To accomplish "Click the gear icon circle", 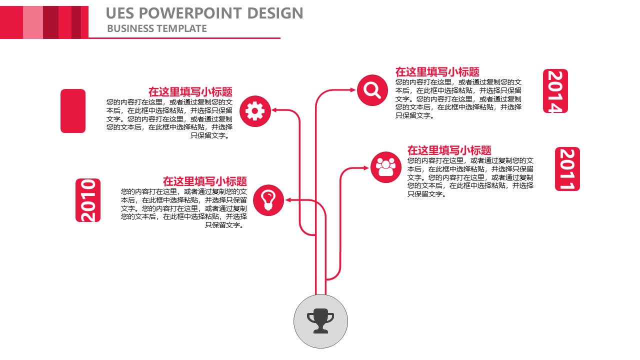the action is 255,111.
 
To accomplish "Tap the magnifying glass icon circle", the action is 372,90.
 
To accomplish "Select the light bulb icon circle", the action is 268,200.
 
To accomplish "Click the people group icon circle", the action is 386,167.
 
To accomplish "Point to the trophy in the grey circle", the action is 320,321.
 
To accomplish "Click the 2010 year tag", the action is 88,200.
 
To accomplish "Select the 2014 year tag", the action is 555,91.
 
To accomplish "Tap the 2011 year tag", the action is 567,169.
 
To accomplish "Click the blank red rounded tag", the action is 73,111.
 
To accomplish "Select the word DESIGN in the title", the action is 275,13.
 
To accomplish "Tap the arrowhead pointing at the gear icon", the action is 274,110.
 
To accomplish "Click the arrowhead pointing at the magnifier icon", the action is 353,89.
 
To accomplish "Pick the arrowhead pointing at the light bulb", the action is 288,200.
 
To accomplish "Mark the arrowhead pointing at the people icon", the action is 366,168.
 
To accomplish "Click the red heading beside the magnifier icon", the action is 437,71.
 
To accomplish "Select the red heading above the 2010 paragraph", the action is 205,181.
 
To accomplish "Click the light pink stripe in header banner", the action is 33,22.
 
